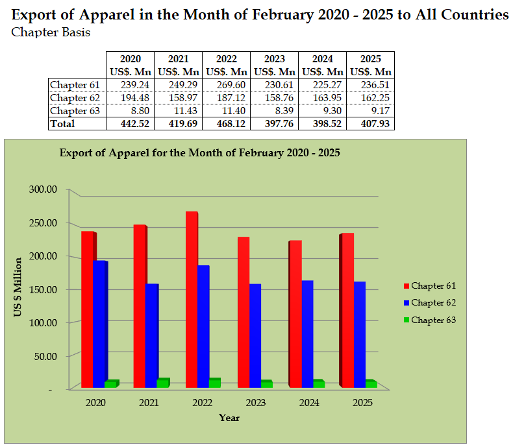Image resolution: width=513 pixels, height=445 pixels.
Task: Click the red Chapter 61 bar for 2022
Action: [191, 298]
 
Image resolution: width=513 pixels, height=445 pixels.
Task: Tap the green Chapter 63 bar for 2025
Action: [371, 383]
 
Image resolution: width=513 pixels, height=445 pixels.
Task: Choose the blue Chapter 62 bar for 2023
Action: [255, 335]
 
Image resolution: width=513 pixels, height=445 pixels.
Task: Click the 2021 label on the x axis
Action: [149, 403]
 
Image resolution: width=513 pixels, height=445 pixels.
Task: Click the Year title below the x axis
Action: [229, 418]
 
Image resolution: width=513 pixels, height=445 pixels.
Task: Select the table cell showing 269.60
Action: [226, 84]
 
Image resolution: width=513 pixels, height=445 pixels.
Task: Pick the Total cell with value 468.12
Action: [226, 123]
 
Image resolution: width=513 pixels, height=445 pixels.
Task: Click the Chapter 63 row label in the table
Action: [75, 110]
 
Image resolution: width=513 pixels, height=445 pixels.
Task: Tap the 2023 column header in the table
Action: [274, 59]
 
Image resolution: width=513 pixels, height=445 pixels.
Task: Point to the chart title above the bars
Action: [199, 153]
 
